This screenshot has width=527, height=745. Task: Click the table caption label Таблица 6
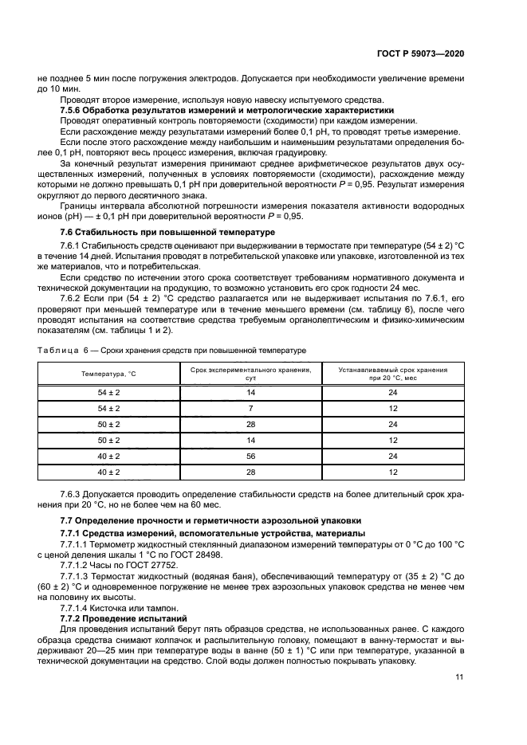[58, 350]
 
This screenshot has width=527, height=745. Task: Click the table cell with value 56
[250, 456]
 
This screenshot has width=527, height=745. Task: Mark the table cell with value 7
[250, 408]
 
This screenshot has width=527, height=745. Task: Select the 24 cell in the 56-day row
[392, 456]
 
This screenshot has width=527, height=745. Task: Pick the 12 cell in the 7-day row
[392, 408]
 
